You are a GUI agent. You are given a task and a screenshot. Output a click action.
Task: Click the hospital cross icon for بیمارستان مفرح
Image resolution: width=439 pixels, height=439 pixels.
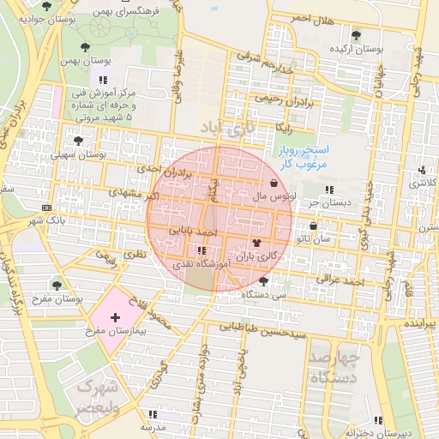[x=116, y=318]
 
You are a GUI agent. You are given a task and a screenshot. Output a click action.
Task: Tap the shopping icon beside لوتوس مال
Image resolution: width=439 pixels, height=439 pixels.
[x=274, y=183]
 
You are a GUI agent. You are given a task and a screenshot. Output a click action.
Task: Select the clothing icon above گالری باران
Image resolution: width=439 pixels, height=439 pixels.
[x=256, y=243]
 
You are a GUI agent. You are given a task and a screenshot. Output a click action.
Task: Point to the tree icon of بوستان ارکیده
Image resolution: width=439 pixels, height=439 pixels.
[x=356, y=36]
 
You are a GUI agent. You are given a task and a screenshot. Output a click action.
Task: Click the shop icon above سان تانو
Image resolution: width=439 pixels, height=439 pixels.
[x=313, y=226]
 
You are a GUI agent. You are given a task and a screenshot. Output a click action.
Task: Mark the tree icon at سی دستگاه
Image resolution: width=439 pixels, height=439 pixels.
[x=263, y=280]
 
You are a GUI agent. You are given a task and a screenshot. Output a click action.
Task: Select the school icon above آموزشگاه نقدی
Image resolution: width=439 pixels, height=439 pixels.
[x=201, y=251]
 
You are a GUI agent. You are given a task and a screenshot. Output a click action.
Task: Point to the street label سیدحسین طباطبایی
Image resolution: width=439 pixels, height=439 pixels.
[x=263, y=327]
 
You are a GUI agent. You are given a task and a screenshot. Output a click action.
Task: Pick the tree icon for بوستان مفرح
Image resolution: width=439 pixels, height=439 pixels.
[x=57, y=285]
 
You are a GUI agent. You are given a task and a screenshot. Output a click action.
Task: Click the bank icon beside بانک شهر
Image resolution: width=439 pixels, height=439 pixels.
[x=45, y=207]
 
